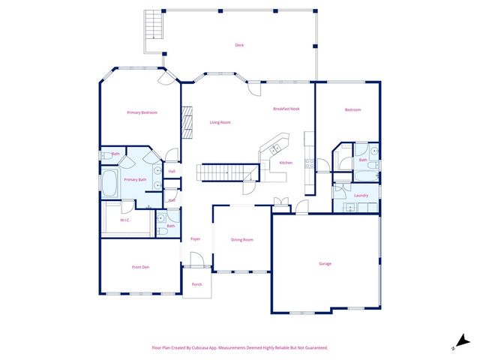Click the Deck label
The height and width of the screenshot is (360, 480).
[x=239, y=45]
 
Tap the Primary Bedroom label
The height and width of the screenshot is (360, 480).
[x=142, y=112]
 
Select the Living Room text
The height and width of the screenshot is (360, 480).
[x=220, y=122]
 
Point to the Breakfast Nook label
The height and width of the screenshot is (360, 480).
[x=286, y=109]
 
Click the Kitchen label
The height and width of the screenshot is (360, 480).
[x=286, y=163]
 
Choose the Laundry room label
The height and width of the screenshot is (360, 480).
[x=361, y=196]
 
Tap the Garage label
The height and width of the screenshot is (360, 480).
[x=325, y=263]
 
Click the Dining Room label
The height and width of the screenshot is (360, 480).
[x=241, y=239]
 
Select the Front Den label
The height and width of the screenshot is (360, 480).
[x=142, y=267]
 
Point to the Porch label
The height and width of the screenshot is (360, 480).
[x=196, y=284]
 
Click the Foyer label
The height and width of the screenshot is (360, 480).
[x=195, y=238]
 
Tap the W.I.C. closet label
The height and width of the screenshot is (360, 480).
[x=124, y=220]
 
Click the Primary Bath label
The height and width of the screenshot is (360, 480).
[x=135, y=180]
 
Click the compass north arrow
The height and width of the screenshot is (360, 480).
[x=462, y=340]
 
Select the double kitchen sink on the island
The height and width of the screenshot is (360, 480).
[x=272, y=145]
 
